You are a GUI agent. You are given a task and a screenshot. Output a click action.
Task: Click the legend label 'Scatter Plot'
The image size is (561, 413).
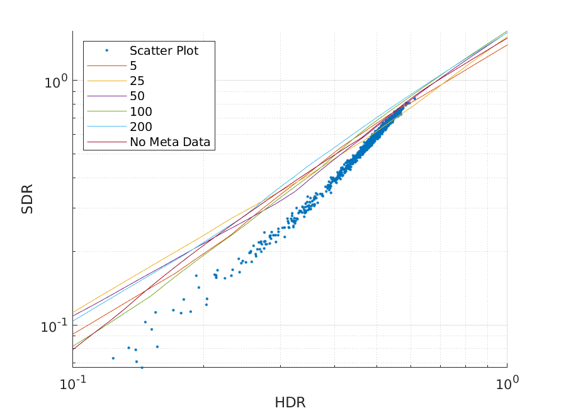coord(164,51)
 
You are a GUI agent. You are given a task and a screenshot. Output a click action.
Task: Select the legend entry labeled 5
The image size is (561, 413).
coord(133,66)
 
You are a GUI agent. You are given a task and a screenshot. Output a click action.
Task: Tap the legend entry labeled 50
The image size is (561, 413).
coord(137,96)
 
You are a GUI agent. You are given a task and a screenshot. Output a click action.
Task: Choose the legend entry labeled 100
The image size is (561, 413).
coord(140,112)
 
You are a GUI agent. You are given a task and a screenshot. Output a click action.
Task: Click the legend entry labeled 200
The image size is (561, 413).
coord(140,127)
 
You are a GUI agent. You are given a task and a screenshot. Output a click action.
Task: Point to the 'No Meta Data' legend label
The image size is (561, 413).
coord(171,142)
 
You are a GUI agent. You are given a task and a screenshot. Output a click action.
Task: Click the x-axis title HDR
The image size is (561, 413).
coord(290,402)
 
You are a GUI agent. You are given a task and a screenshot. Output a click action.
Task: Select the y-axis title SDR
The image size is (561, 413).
coord(27,198)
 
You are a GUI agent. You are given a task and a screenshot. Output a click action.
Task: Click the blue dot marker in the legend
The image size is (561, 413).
coord(106,50)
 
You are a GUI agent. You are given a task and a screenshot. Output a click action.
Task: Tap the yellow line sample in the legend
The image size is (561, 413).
coord(106,81)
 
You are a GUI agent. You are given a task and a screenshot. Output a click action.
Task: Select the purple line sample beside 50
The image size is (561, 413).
coord(106,96)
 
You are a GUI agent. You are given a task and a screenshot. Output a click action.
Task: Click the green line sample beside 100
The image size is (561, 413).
coord(106,112)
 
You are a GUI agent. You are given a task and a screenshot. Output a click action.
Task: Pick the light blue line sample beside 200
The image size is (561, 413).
coord(106,127)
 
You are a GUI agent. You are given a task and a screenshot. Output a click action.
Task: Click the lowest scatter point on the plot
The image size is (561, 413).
coord(142,367)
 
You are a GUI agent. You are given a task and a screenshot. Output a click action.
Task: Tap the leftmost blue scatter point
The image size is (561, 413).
coord(113,358)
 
